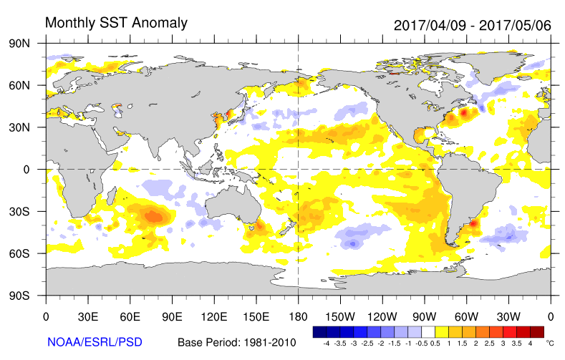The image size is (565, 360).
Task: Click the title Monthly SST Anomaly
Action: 116,23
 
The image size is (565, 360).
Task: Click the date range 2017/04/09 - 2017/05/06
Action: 472,25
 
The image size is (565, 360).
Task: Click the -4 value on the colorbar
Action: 326,344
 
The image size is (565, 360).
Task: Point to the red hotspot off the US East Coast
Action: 464,112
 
